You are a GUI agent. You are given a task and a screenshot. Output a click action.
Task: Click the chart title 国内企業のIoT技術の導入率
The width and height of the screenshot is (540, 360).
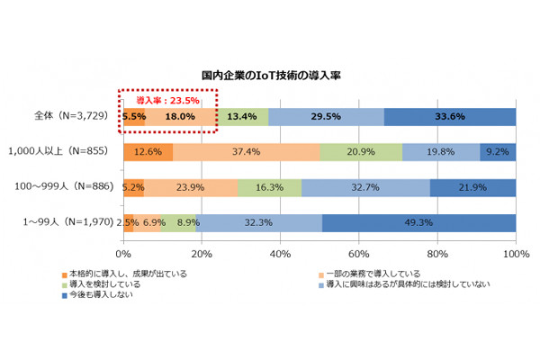[270, 78]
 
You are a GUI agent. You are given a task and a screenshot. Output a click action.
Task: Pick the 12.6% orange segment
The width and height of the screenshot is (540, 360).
[148, 152]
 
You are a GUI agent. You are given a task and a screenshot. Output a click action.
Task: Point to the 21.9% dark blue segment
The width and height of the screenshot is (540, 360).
[472, 187]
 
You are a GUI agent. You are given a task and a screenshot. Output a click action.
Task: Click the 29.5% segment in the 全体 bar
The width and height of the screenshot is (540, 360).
[326, 117]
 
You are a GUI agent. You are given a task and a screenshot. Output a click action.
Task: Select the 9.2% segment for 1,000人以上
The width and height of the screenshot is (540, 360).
[498, 152]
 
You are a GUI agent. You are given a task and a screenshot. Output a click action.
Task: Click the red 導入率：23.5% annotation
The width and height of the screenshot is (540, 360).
[168, 101]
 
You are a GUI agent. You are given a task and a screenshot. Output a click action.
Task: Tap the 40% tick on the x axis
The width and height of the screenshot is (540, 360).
[280, 254]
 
